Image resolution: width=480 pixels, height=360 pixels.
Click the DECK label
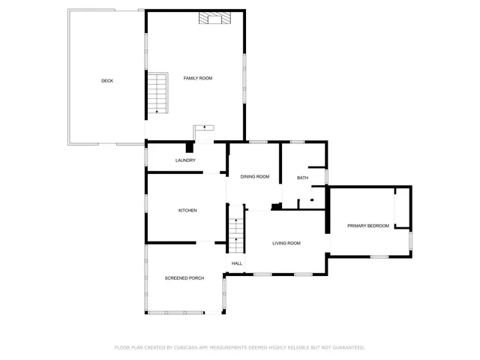tap(107, 81)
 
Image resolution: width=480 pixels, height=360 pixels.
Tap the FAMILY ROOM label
tap(198, 78)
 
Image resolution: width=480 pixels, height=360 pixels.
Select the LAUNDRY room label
tap(185, 160)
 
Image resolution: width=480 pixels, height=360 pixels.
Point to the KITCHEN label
tap(187, 211)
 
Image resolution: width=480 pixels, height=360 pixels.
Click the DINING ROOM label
tap(255, 177)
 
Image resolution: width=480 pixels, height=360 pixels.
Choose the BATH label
tap(302, 178)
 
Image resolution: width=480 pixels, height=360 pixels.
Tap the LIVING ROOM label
tap(286, 243)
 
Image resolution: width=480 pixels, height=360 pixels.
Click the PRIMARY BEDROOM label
tap(367, 226)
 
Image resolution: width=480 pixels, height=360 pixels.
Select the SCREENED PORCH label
tap(184, 278)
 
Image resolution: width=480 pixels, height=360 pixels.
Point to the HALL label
tap(236, 264)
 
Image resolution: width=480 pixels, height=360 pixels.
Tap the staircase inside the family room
tap(157, 93)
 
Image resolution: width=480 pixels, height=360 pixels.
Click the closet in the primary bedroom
tap(403, 208)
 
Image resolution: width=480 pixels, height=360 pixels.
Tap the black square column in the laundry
tap(190, 147)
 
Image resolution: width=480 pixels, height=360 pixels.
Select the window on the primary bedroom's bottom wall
tap(379, 257)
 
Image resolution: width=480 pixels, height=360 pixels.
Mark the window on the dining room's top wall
tap(258, 142)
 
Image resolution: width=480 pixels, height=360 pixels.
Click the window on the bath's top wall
tap(297, 142)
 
